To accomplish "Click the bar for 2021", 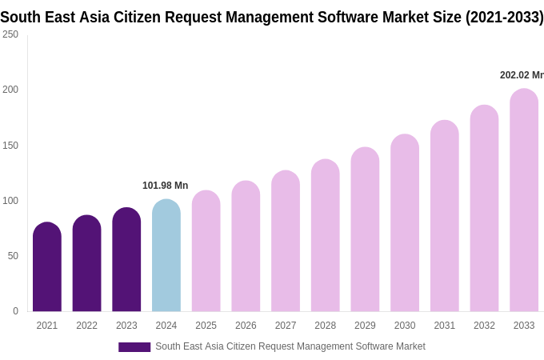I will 47,267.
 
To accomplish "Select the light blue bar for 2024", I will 166,256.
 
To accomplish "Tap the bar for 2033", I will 524,200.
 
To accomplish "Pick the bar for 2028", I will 326,236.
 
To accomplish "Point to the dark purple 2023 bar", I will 126,260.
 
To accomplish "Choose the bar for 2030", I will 405,223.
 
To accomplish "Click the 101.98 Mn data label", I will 165,186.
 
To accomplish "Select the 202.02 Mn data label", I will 522,75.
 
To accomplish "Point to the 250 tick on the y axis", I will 10,34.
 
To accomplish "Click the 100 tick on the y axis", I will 10,201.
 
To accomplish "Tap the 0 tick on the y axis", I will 15,311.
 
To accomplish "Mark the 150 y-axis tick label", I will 10,146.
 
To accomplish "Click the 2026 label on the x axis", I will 246,326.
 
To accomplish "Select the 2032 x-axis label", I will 484,326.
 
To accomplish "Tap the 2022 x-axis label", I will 86,326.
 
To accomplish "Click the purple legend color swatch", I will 134,347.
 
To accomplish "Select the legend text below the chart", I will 290,346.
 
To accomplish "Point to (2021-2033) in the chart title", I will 504,18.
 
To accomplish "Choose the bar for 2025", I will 206,251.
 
